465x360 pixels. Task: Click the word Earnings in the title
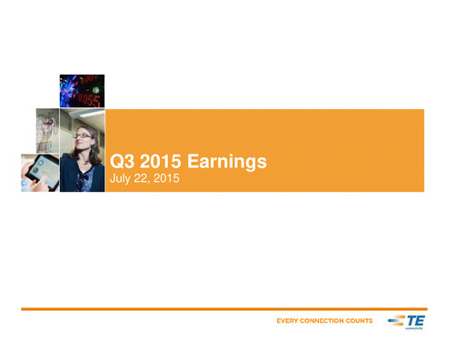223,162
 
